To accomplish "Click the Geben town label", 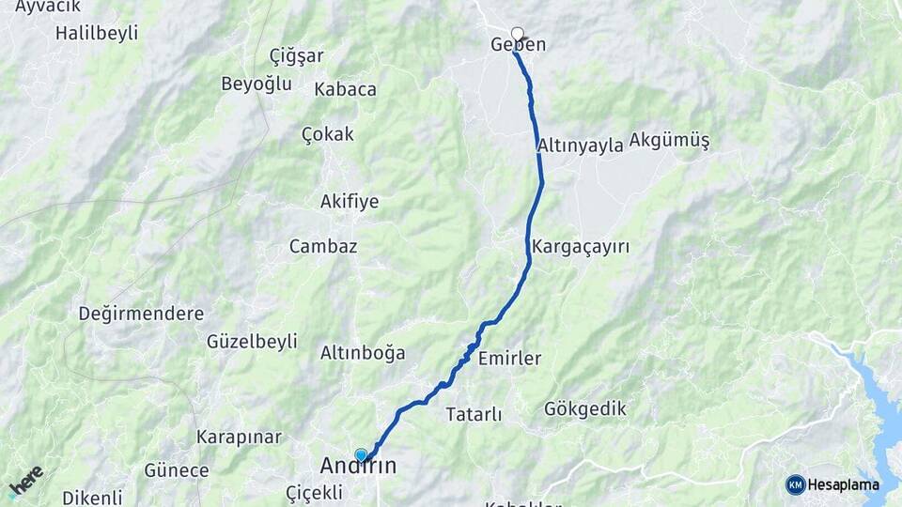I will click(x=518, y=45).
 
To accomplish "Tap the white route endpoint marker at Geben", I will click(x=517, y=33).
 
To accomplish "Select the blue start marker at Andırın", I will click(x=361, y=455).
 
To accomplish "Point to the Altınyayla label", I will click(x=581, y=146).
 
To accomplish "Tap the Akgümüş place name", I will click(x=669, y=141).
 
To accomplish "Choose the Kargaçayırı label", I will click(x=580, y=247).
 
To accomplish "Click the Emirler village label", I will click(x=509, y=359).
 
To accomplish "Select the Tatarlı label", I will click(x=474, y=414).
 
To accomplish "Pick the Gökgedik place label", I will click(x=584, y=409).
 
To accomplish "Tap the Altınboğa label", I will click(x=363, y=353).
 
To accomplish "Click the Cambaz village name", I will click(x=323, y=246).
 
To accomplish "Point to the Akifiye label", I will click(x=350, y=201).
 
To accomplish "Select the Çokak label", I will click(x=328, y=134).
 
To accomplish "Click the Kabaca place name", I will click(x=345, y=89).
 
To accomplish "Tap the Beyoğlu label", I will click(x=257, y=84).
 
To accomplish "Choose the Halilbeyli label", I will click(x=97, y=33).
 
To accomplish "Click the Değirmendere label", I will click(x=141, y=314).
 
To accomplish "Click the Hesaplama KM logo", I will click(x=832, y=484).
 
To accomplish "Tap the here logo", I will click(x=25, y=482).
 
